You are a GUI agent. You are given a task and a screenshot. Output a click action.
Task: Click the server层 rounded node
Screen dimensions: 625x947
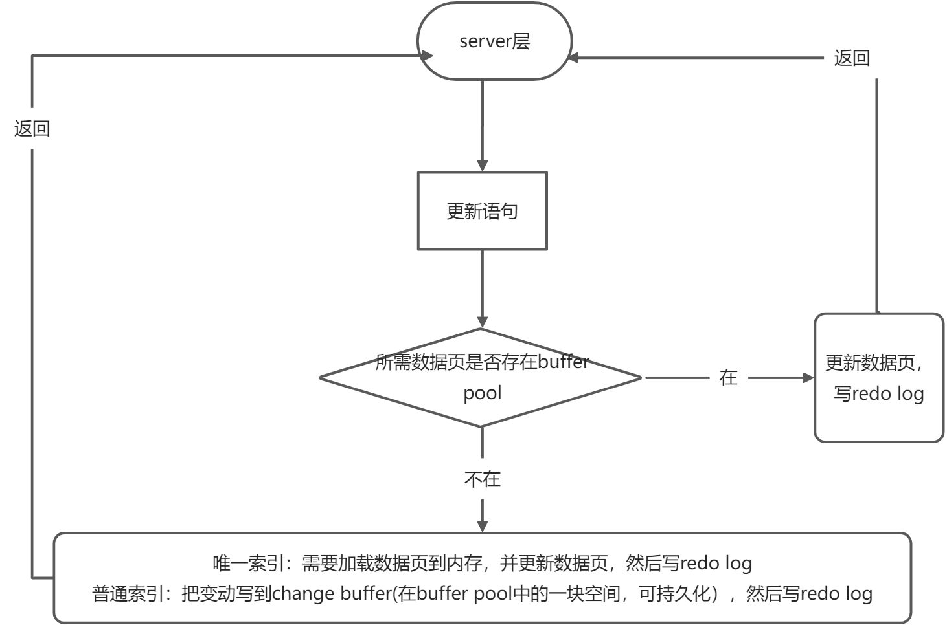coord(494,41)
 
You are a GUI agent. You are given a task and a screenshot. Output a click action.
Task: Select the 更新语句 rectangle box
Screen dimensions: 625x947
coord(482,211)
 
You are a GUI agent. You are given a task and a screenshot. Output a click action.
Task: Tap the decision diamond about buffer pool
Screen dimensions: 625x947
coord(481,378)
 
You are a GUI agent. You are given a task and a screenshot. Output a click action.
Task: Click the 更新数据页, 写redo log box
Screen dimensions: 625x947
coord(878,378)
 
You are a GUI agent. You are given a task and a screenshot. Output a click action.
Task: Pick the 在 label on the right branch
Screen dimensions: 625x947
coord(729,377)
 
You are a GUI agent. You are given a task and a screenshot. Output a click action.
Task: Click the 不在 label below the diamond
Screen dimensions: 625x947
coord(482,479)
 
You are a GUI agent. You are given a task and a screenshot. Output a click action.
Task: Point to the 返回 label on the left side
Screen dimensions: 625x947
coord(32,129)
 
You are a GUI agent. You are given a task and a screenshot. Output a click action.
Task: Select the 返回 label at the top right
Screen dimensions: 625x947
coord(851,58)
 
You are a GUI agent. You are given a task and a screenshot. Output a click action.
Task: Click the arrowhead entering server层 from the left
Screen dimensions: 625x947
coord(426,56)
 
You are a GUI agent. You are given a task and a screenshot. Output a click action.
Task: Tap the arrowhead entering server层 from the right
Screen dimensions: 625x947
coord(573,58)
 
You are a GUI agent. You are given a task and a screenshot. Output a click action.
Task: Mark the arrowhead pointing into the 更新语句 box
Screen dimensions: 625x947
coord(482,165)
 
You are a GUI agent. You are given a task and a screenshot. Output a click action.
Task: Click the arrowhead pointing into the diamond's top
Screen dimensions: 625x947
coord(482,321)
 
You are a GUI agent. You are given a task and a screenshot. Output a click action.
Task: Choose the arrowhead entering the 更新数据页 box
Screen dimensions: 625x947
coord(807,377)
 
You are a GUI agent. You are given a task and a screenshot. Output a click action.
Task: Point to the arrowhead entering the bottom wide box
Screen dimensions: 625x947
coord(482,525)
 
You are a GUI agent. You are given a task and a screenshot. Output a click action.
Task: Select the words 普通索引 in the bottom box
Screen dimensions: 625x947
coord(128,593)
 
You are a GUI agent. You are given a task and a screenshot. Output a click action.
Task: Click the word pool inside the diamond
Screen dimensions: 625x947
coord(482,393)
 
